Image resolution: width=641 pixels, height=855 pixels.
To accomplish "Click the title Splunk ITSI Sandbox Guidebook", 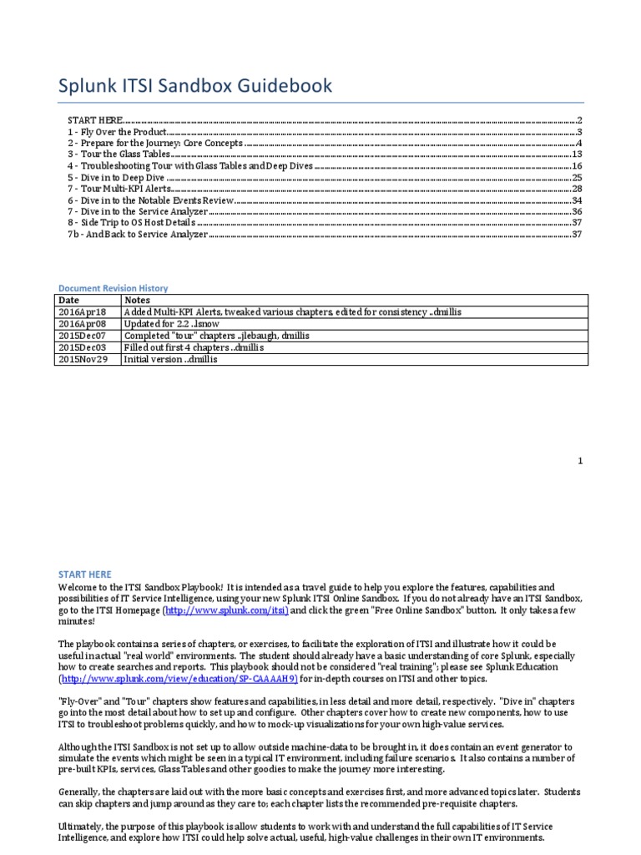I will [x=194, y=86].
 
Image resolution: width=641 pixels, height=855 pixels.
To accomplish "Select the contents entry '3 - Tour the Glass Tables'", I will [x=120, y=154].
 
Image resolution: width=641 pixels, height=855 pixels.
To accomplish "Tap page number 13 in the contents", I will [x=576, y=154].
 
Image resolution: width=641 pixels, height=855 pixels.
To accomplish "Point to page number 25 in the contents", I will [x=576, y=178].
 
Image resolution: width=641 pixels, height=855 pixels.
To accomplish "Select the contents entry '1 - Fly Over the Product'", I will [x=118, y=132].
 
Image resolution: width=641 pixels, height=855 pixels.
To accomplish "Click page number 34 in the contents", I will [x=576, y=201].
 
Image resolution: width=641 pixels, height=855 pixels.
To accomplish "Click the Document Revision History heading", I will [x=112, y=287].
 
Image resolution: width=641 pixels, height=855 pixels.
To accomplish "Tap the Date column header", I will [x=69, y=299].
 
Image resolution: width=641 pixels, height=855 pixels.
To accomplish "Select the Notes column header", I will [x=137, y=299].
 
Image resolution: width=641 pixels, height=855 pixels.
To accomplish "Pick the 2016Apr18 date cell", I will [x=77, y=311].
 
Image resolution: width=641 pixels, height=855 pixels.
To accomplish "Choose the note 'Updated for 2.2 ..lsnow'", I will [x=181, y=323].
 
